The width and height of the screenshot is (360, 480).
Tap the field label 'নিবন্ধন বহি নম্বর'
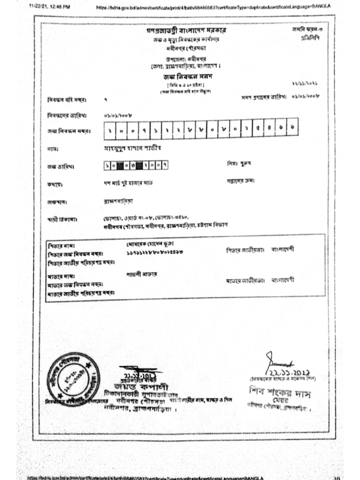[64, 100]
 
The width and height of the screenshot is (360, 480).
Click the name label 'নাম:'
[52, 150]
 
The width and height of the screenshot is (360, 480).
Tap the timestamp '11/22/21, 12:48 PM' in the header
[49, 7]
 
